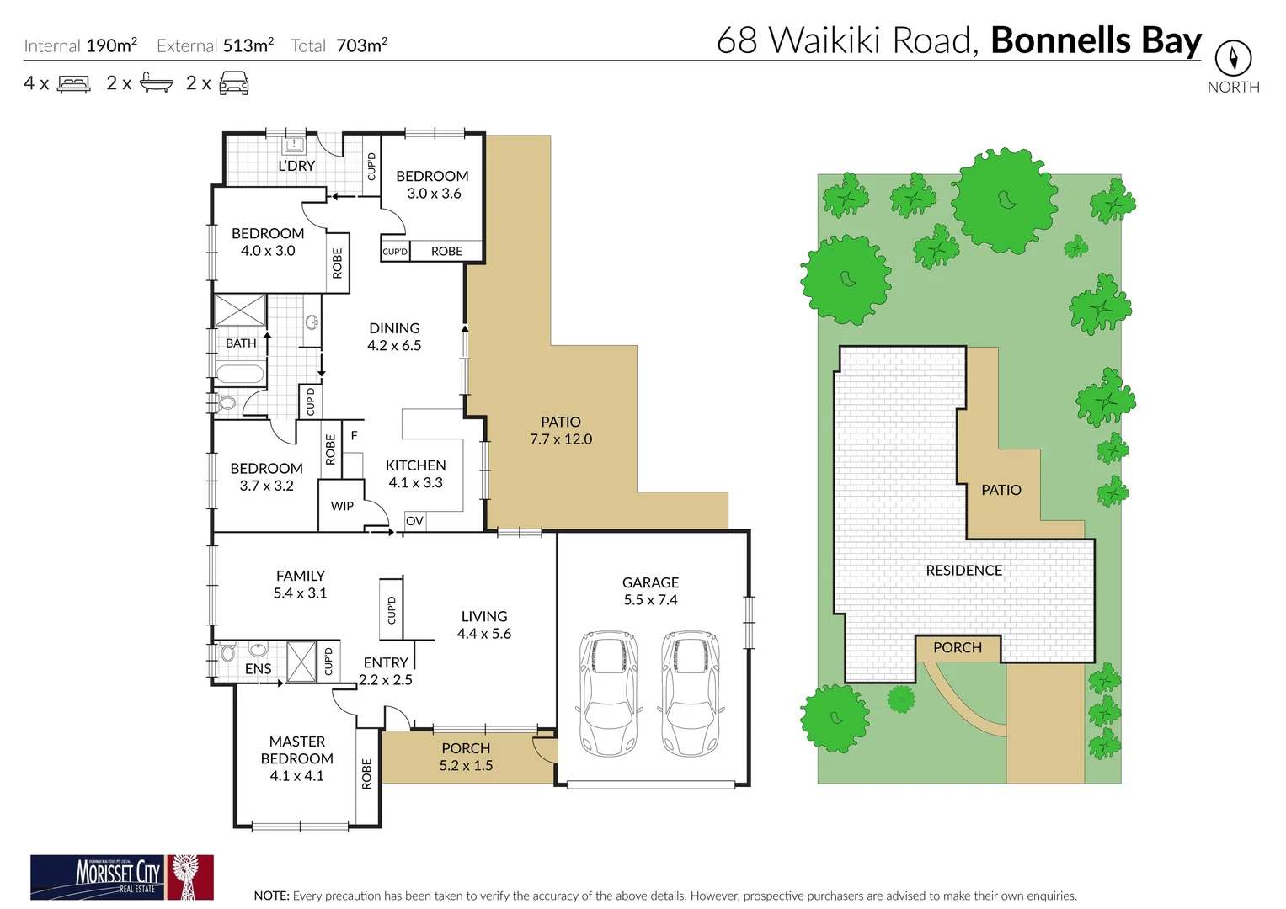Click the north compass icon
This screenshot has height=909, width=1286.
coord(1233,58)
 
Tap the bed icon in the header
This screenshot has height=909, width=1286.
coord(73,83)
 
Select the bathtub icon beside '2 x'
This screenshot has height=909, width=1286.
coord(157,82)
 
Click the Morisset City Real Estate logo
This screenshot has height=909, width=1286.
coord(122,877)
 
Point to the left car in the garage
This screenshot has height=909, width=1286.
coord(609,692)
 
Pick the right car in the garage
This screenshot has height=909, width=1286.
coord(691,692)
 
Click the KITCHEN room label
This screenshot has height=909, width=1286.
coord(415,465)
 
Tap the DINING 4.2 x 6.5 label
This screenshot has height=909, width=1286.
coord(394,337)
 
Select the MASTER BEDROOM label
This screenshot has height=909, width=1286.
coord(296,750)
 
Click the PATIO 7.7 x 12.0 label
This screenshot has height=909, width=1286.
coord(561,430)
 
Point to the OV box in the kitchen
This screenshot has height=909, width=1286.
coord(414,521)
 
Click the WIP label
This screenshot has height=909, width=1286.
coord(342,506)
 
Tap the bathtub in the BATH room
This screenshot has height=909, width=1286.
coord(240,375)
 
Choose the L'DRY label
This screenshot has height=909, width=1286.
coord(296,166)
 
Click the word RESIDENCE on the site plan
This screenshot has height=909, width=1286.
coord(963,571)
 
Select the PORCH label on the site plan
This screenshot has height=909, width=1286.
coord(958,647)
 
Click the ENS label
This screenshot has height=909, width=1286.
coord(258,669)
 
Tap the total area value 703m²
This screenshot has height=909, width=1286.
coord(361,45)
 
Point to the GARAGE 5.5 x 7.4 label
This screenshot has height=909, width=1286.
coord(650,591)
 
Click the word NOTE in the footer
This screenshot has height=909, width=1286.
coord(271,896)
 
